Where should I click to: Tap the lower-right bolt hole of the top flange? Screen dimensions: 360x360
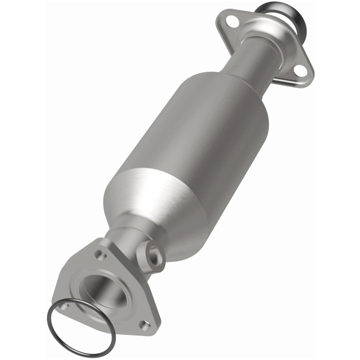pyautogui.click(x=298, y=69)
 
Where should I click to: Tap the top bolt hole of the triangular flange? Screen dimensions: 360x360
pyautogui.click(x=99, y=254)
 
